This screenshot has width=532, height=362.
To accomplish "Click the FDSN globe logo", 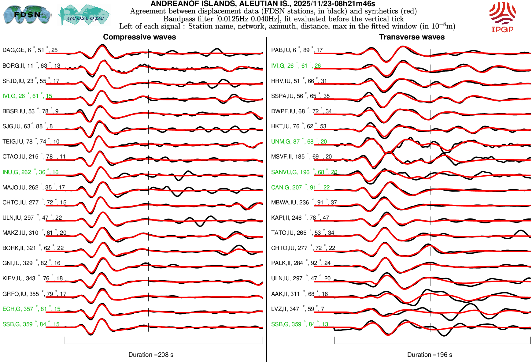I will click(27, 14).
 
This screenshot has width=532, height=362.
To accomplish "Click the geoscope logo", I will click(85, 15).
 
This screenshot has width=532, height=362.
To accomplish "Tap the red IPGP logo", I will click(502, 17).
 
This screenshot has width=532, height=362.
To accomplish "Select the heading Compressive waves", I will click(139, 37).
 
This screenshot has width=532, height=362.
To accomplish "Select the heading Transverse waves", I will click(412, 37).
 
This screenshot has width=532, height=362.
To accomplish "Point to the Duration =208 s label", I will click(151, 355).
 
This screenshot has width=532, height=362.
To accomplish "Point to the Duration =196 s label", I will click(430, 355).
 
